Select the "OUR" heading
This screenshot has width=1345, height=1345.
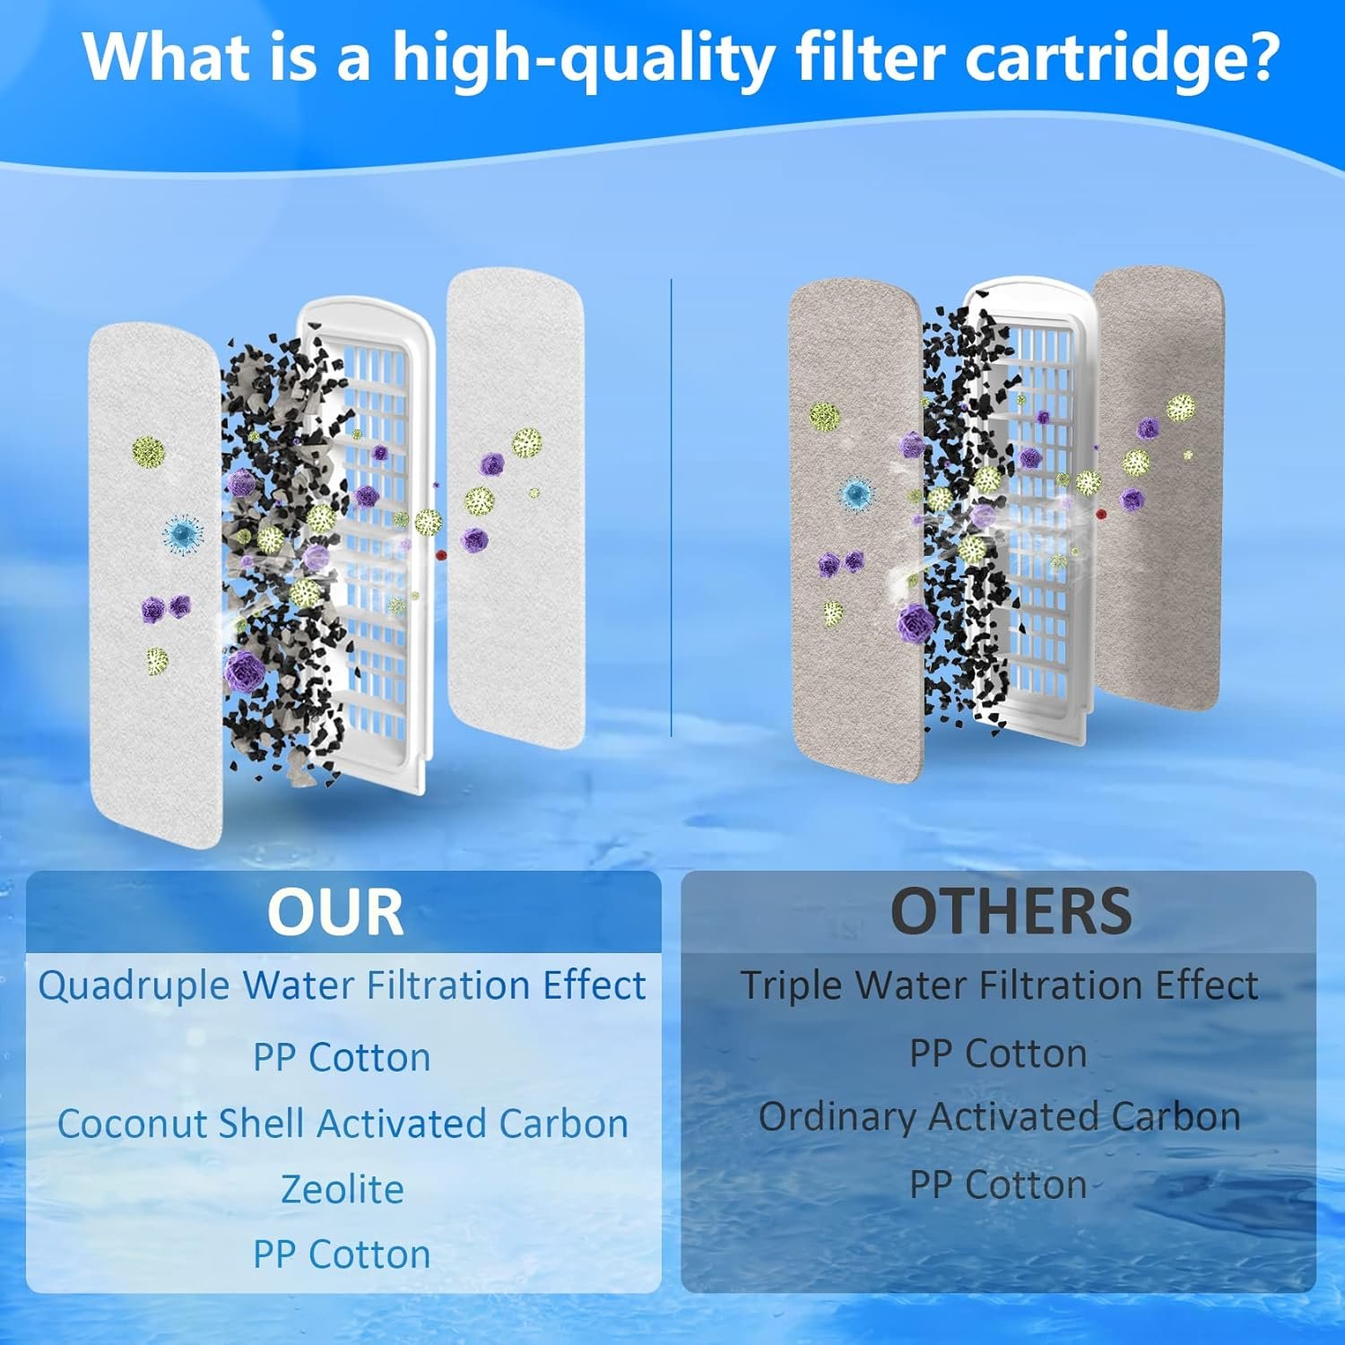[335, 912]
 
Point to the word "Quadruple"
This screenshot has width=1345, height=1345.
[134, 986]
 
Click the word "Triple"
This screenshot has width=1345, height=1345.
[792, 985]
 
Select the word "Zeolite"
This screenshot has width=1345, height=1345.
[343, 1189]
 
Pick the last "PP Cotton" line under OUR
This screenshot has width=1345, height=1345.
[342, 1254]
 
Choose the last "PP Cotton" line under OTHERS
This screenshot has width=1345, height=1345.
[998, 1184]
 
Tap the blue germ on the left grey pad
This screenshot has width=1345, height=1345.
[856, 491]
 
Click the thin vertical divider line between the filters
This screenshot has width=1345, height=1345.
[672, 507]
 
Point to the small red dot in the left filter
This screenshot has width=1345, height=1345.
[440, 555]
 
